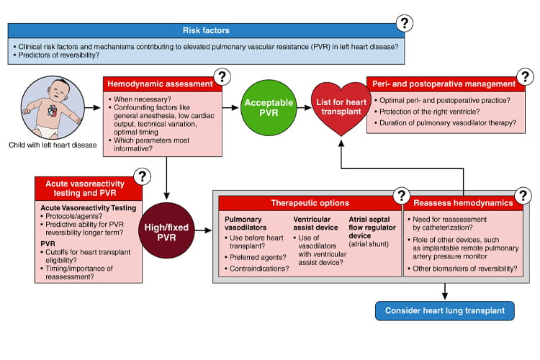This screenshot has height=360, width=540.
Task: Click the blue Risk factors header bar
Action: (207, 30)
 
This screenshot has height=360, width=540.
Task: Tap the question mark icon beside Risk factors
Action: (405, 23)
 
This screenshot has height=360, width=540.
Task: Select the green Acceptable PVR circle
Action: (264, 108)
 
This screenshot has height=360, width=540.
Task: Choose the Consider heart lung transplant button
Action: (445, 311)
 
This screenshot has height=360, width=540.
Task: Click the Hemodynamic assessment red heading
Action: (160, 84)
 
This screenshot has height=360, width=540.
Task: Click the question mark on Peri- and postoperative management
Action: (526, 76)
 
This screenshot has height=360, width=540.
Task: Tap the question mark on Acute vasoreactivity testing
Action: (143, 176)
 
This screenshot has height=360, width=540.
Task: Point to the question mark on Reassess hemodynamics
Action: (523, 195)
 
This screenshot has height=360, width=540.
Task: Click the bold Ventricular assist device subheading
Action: (317, 222)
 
